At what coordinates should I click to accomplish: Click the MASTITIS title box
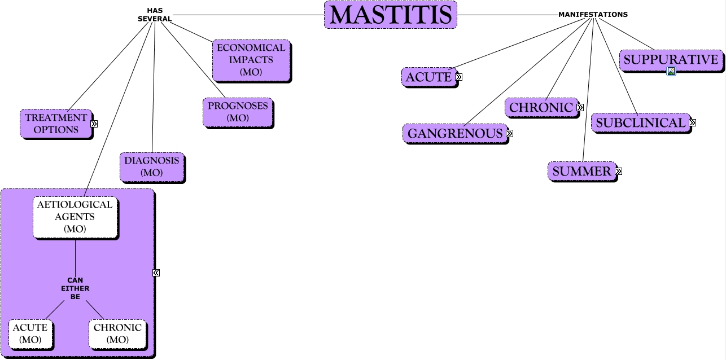click(x=390, y=15)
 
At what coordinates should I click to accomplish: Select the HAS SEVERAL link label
click(x=155, y=15)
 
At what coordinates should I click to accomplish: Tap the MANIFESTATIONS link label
click(x=593, y=15)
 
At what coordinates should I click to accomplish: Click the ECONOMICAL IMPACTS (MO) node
click(x=251, y=60)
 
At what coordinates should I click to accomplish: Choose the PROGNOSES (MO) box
click(x=237, y=112)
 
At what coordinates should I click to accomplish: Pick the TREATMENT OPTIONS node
click(x=56, y=124)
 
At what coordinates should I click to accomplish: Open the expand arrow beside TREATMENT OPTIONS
click(x=94, y=124)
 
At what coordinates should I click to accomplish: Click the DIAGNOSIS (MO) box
click(x=152, y=166)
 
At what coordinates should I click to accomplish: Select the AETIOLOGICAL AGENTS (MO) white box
click(x=75, y=217)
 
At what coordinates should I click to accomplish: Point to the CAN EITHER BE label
click(x=75, y=288)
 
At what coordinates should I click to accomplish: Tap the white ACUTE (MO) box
click(x=30, y=333)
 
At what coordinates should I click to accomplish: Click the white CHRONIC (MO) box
click(x=117, y=333)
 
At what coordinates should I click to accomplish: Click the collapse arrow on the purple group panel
click(x=156, y=273)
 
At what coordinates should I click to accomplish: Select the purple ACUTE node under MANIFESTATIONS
click(x=429, y=77)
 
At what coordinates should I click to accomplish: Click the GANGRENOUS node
click(x=455, y=134)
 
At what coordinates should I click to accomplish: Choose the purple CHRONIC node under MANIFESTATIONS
click(x=541, y=107)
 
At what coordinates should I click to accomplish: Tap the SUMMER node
click(x=581, y=171)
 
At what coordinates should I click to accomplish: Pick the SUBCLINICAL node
click(x=640, y=122)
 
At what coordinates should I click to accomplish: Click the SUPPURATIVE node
click(x=671, y=60)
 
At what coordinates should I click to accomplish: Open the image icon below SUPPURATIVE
click(x=671, y=71)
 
